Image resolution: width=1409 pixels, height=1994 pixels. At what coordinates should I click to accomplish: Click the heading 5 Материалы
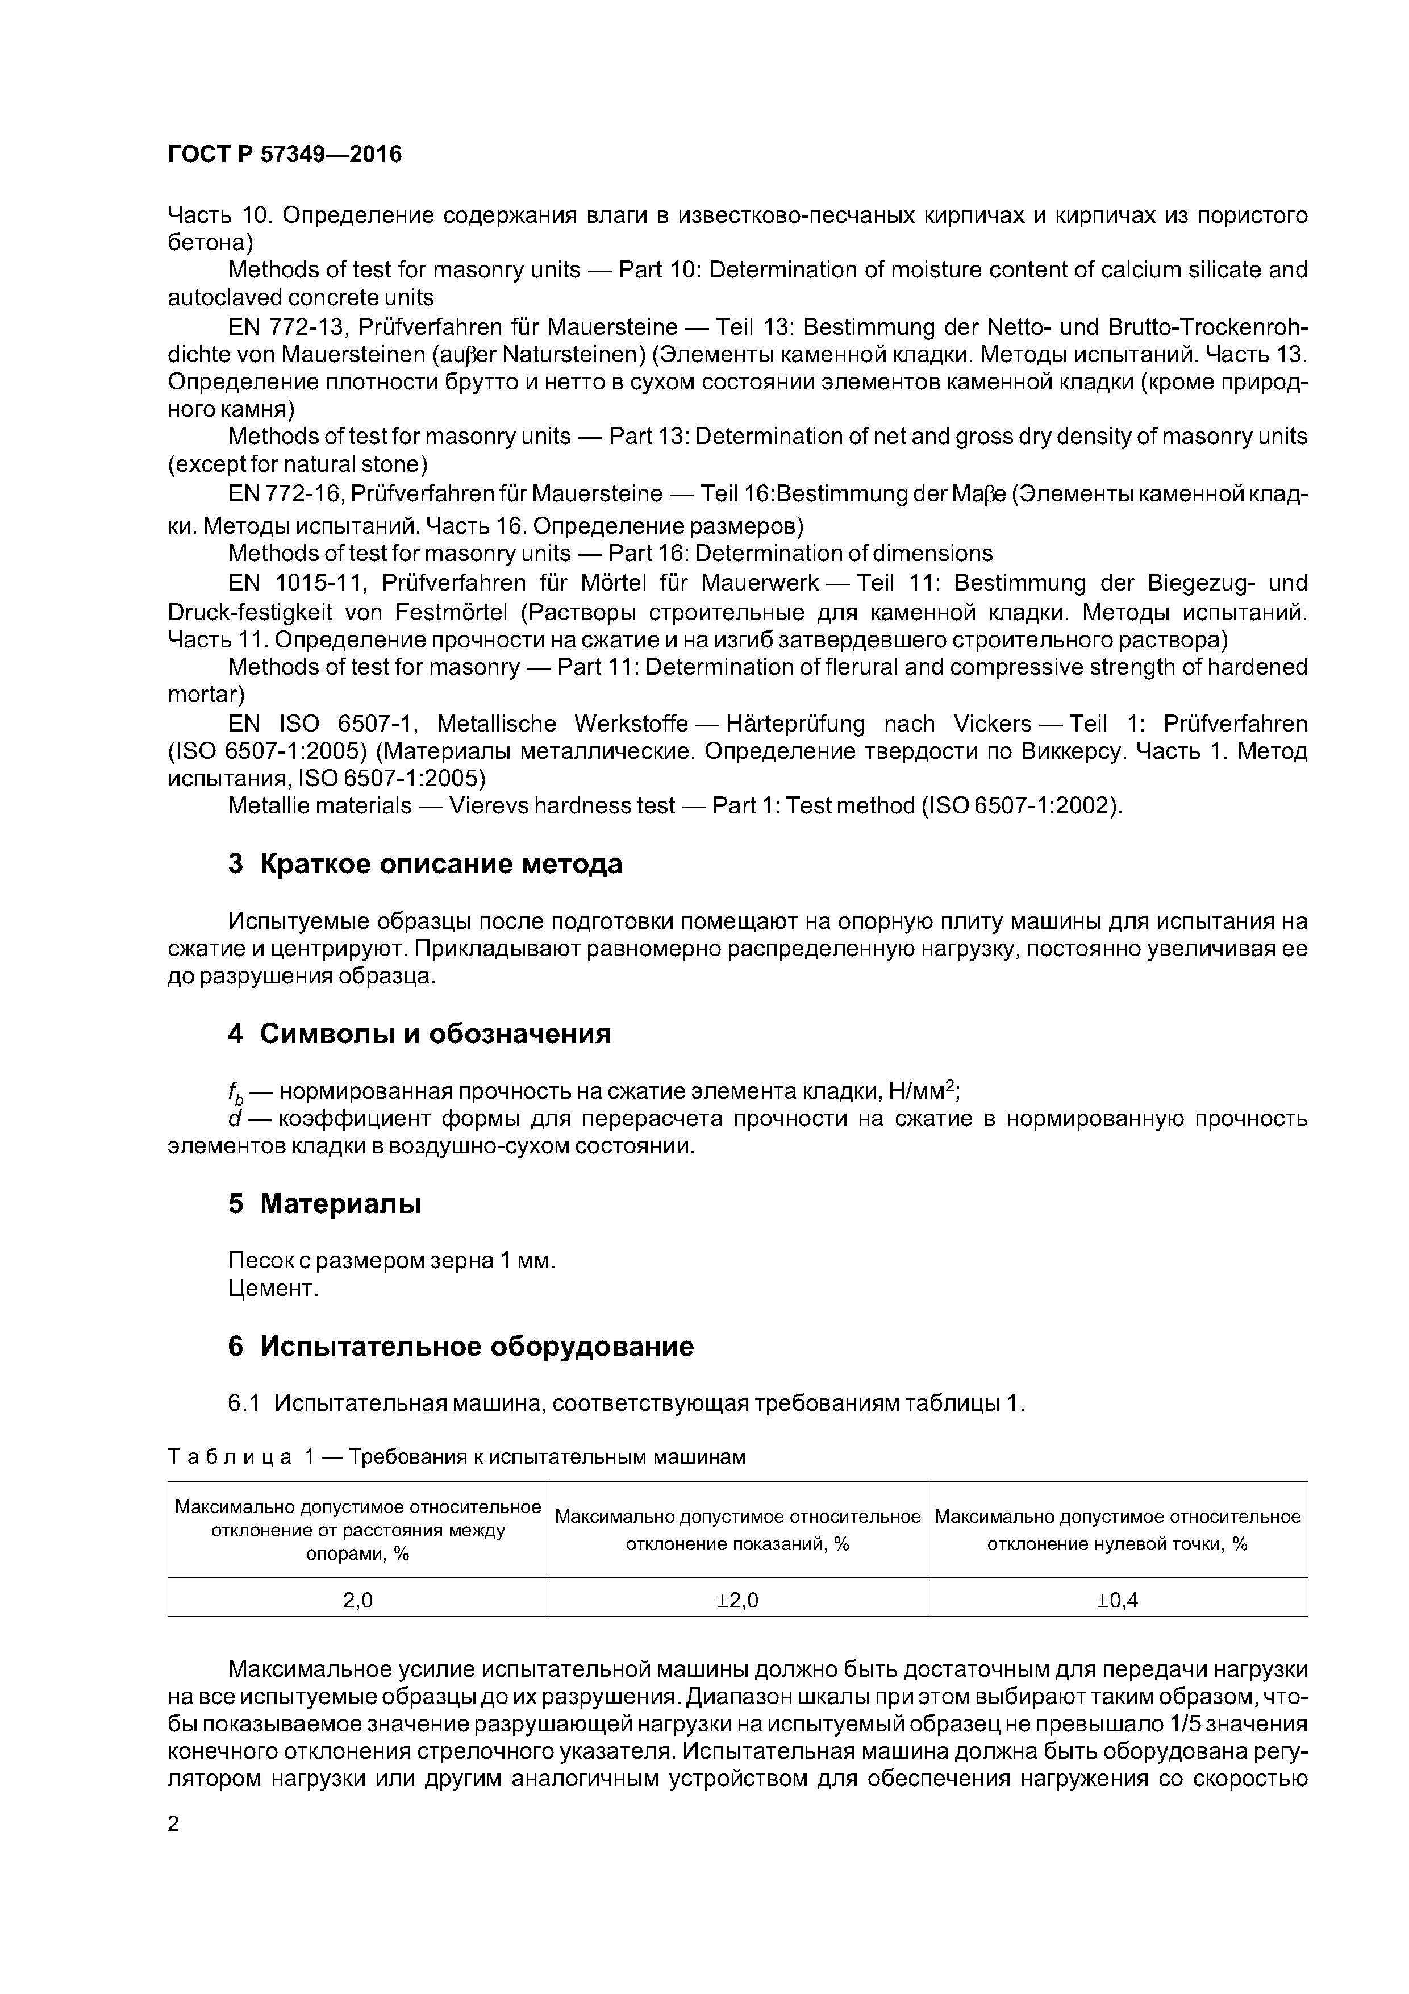coord(324,1204)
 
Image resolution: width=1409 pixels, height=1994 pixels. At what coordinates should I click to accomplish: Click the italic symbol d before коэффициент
coord(234,1119)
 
